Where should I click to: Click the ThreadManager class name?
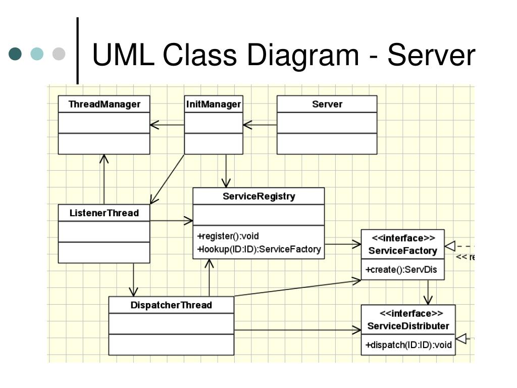pos(104,104)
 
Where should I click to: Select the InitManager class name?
pos(214,104)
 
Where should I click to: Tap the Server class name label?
pos(327,104)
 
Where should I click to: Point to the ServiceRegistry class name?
pos(259,197)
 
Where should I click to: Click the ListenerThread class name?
pos(104,213)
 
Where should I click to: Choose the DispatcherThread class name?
pos(171,305)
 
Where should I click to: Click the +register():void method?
pos(228,236)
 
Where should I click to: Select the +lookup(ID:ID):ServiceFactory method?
pos(259,249)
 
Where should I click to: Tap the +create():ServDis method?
pos(401,270)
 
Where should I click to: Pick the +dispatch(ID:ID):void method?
pos(408,345)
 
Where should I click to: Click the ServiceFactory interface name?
pos(402,251)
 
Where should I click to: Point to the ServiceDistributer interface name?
pos(408,326)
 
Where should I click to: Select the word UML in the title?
pos(123,55)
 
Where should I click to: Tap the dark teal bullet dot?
pos(15,54)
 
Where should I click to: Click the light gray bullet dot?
pos(59,54)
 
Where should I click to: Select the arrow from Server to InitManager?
pos(260,125)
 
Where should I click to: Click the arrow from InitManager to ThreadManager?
pos(167,125)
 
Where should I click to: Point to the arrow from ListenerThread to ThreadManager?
pos(104,179)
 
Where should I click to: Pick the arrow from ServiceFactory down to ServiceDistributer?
pos(428,293)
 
